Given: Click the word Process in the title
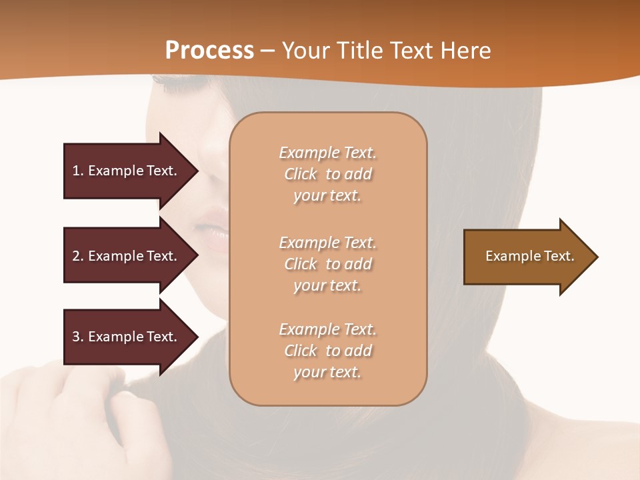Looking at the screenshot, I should pyautogui.click(x=209, y=51).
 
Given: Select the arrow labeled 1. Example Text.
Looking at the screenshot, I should pyautogui.click(x=125, y=171).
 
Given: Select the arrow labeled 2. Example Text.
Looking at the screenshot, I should pyautogui.click(x=125, y=256).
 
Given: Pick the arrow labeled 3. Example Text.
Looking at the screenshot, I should pyautogui.click(x=125, y=337).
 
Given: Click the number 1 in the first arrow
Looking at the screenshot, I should pyautogui.click(x=76, y=171).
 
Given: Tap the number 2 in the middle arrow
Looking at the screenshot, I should pyautogui.click(x=76, y=256).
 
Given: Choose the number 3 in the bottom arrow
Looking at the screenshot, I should pyautogui.click(x=76, y=337).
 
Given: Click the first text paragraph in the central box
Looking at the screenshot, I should pyautogui.click(x=327, y=174).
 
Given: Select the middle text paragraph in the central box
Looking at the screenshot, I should pyautogui.click(x=327, y=264).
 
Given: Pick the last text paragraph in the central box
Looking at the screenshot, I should pyautogui.click(x=327, y=351).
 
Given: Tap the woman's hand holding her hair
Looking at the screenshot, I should pyautogui.click(x=80, y=413).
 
